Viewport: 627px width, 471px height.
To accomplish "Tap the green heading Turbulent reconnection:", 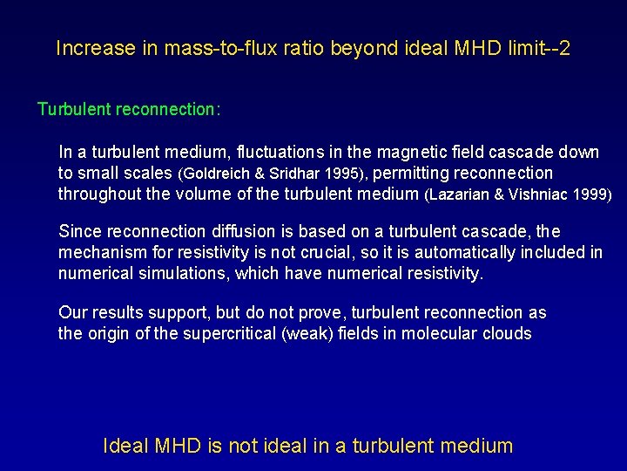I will tap(129, 110).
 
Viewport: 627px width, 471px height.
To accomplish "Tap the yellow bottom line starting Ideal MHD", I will tap(307, 446).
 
